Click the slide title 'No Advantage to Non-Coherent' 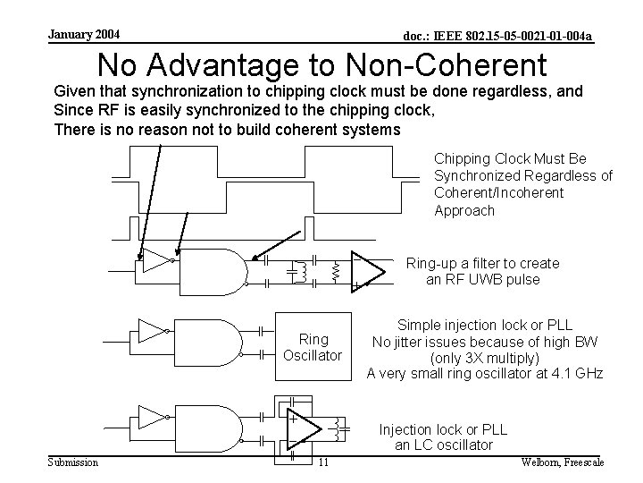click(321, 64)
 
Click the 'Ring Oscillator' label click(313, 347)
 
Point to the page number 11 click(323, 462)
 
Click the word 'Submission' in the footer click(73, 462)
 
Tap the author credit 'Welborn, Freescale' click(562, 462)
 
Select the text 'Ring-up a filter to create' click(482, 263)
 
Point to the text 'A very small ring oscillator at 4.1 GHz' click(485, 374)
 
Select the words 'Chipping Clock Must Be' click(497, 158)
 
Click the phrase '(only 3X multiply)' click(485, 357)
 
